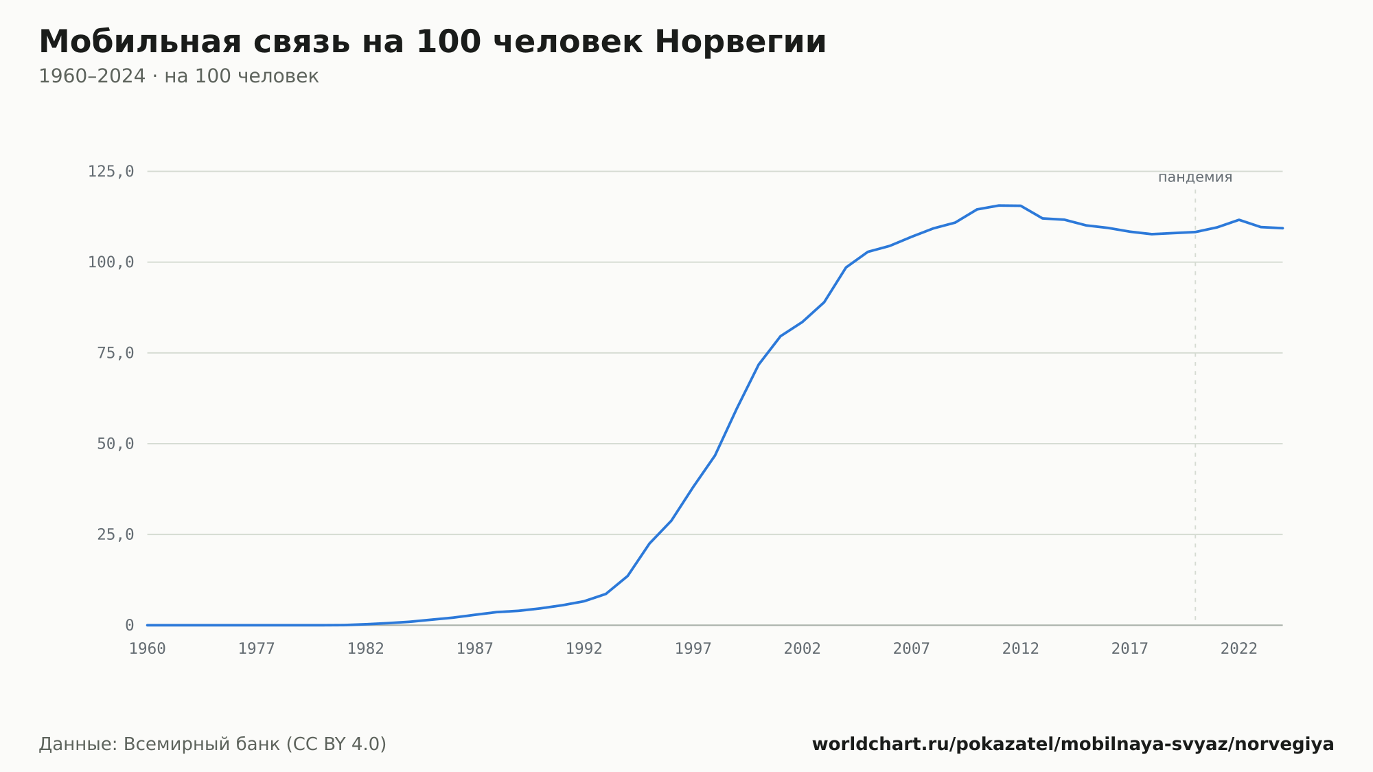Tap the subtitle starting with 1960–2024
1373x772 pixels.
[x=178, y=76]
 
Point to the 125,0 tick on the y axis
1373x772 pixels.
[x=111, y=172]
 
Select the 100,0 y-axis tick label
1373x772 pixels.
[x=111, y=262]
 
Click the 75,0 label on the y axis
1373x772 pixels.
[x=115, y=353]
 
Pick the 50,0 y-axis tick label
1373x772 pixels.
[x=115, y=444]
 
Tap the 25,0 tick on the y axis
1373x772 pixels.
[x=115, y=534]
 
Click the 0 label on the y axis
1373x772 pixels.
[x=130, y=625]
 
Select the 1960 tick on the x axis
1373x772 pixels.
[x=148, y=649]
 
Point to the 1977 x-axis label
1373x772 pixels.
[x=257, y=649]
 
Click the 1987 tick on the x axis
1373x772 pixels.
[x=475, y=649]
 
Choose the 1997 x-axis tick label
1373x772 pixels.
[x=693, y=649]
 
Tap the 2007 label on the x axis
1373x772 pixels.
[x=912, y=649]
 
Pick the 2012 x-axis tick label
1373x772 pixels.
[x=1021, y=649]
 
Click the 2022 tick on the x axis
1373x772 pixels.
[x=1239, y=649]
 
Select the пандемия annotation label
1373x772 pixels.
[x=1195, y=177]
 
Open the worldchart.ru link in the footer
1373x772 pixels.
[x=1073, y=745]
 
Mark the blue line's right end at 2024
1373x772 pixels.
[x=1282, y=228]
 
